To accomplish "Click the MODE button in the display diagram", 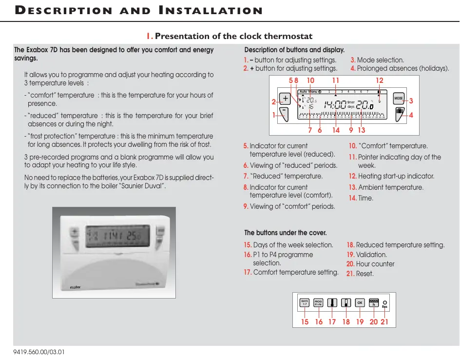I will pyautogui.click(x=399, y=99).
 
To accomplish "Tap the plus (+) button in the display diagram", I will pyautogui.click(x=285, y=99).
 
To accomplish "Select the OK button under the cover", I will pyautogui.click(x=360, y=302).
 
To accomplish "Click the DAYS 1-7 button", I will pyautogui.click(x=305, y=302).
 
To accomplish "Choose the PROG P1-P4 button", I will pyautogui.click(x=319, y=302).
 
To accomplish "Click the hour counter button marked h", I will pyautogui.click(x=374, y=302).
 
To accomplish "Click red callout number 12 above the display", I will pyautogui.click(x=380, y=80).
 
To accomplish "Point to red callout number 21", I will pyautogui.click(x=384, y=322).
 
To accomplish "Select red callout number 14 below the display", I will pyautogui.click(x=336, y=130).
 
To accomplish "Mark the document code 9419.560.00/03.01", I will pyautogui.click(x=39, y=352).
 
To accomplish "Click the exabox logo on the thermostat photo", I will pyautogui.click(x=75, y=287).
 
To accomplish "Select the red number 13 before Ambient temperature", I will pyautogui.click(x=353, y=187).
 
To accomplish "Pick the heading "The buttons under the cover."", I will pyautogui.click(x=286, y=233).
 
